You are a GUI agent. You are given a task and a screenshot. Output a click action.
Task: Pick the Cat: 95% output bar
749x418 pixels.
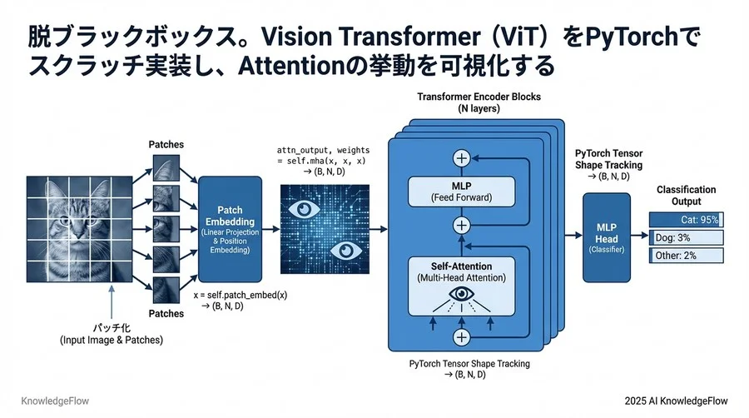[x=686, y=220]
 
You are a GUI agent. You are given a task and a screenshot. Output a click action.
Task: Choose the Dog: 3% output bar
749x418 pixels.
[x=686, y=237]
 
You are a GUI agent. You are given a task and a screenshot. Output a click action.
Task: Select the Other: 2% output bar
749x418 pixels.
[x=686, y=256]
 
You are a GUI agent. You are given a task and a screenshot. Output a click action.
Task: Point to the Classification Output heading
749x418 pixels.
[x=686, y=196]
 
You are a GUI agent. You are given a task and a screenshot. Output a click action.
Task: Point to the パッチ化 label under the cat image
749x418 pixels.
[x=111, y=329]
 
